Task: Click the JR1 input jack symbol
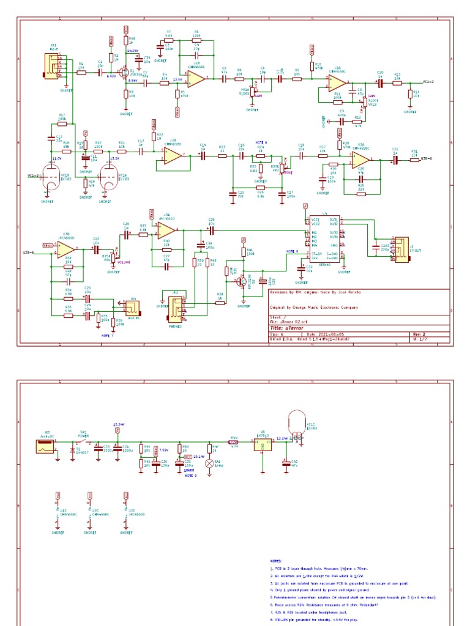(51, 66)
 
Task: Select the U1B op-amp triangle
(196, 78)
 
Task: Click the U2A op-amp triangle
(360, 160)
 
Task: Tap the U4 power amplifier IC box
(324, 239)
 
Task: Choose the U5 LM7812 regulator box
(263, 445)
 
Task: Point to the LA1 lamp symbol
(209, 463)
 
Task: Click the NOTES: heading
(277, 560)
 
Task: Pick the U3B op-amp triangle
(66, 250)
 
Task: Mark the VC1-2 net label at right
(428, 81)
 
